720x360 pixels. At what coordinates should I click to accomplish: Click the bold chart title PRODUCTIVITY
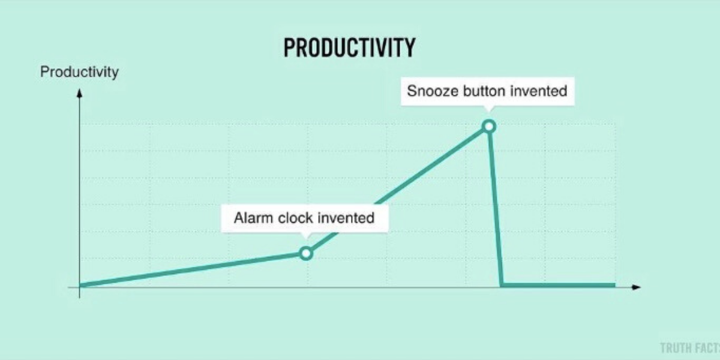(x=349, y=47)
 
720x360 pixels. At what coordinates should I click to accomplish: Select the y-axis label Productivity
(x=79, y=71)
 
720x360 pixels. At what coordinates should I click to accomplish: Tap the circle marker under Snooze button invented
(x=489, y=127)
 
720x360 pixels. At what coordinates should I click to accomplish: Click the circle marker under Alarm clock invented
(x=306, y=253)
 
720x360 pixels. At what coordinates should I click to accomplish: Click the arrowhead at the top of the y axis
(x=79, y=93)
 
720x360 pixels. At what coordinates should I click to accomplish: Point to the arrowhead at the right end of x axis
(x=636, y=287)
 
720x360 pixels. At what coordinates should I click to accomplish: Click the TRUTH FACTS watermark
(x=690, y=348)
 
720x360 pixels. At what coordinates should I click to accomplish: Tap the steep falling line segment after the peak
(x=496, y=206)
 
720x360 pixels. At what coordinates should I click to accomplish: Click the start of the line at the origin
(x=80, y=285)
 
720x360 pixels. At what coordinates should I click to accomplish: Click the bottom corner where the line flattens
(x=502, y=285)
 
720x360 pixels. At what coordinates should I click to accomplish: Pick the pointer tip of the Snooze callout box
(x=489, y=112)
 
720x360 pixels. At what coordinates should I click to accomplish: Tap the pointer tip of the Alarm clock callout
(x=306, y=239)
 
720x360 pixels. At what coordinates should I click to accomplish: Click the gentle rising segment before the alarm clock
(x=190, y=269)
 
